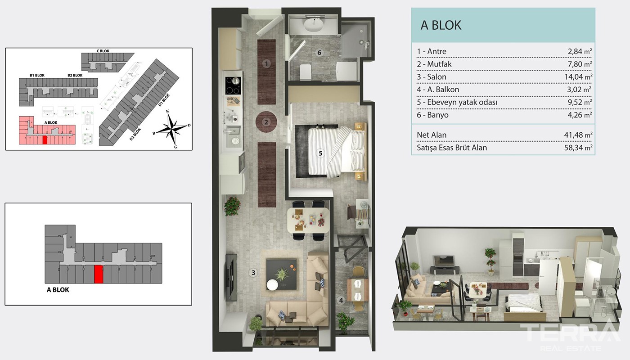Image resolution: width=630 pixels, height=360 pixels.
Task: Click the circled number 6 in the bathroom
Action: point(319,52)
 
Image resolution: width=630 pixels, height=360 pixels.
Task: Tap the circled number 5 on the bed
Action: point(320,153)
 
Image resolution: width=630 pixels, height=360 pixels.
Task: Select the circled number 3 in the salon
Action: point(253,273)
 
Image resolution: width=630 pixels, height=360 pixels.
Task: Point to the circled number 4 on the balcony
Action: point(341,301)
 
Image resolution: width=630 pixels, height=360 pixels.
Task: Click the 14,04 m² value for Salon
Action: point(578,77)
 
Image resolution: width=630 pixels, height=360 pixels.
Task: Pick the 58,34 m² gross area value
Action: point(578,148)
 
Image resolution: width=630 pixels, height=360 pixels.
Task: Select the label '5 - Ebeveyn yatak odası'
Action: point(457,103)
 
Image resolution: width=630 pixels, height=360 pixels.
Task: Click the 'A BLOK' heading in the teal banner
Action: point(441,25)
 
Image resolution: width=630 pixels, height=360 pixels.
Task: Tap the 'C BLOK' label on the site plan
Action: point(103,51)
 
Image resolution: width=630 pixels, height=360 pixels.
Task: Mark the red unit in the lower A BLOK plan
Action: point(99,274)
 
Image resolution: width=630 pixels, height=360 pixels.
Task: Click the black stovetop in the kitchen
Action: point(233,85)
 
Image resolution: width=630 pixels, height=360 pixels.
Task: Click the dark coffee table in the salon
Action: point(281,274)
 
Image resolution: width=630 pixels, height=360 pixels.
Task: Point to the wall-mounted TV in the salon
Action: point(231,277)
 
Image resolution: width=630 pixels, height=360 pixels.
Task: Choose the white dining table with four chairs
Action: point(308,220)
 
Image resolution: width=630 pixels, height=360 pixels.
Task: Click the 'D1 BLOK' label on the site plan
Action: point(164,100)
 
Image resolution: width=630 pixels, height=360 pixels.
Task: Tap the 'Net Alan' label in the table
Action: point(432,135)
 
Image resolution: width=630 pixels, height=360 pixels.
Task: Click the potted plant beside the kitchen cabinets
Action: point(232,206)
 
